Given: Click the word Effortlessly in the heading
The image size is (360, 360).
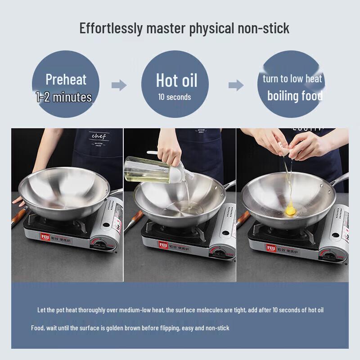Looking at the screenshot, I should (x=111, y=28).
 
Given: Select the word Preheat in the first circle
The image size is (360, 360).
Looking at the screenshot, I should (x=66, y=80).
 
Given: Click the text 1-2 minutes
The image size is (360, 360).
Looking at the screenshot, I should (x=64, y=97).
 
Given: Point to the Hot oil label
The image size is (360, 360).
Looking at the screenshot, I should (x=176, y=81).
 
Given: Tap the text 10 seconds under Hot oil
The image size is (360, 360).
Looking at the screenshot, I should (x=174, y=97).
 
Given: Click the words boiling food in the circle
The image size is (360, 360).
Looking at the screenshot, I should (x=295, y=95).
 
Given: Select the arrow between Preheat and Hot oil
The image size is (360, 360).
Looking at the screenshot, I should (x=119, y=85).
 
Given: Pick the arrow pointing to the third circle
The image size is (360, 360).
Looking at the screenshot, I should (x=236, y=85).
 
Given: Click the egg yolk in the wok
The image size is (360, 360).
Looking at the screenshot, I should (x=291, y=209).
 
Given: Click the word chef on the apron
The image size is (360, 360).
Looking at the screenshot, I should (x=98, y=136).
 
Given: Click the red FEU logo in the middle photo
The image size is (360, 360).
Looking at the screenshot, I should (x=162, y=245).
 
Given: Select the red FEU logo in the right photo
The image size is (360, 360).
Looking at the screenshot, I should (x=271, y=247).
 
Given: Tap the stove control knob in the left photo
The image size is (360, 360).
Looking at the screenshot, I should (x=100, y=245).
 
